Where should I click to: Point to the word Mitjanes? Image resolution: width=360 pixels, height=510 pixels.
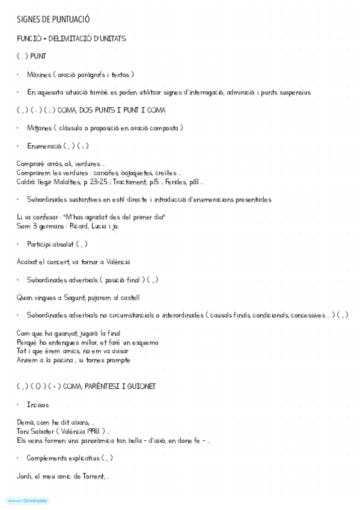(38, 128)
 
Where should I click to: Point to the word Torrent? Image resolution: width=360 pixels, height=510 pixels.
(91, 476)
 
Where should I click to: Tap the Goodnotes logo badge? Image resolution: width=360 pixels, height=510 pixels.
(28, 500)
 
